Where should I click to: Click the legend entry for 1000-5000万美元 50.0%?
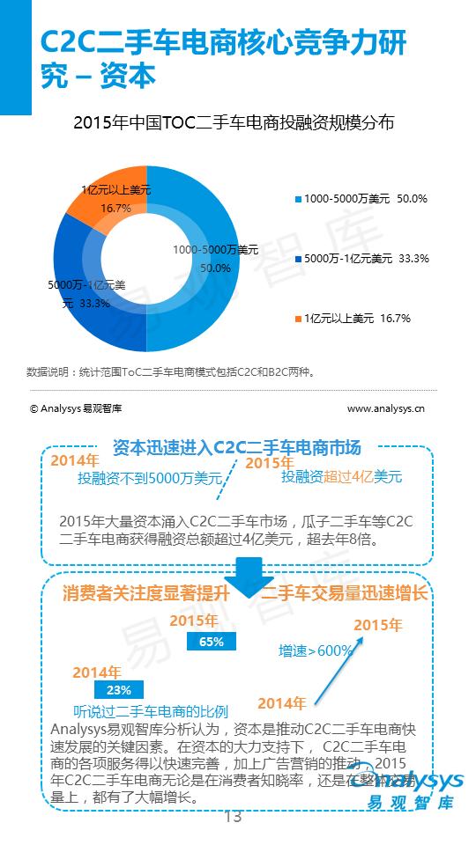(x=361, y=199)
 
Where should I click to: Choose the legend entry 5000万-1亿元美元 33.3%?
(x=361, y=259)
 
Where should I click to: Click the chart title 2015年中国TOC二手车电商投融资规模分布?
(x=233, y=123)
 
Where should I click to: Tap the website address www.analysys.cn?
(x=386, y=408)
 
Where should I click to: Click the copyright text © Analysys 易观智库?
(x=76, y=408)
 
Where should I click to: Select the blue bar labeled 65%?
(x=211, y=642)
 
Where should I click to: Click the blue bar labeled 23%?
(x=117, y=689)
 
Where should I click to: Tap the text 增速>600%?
(x=316, y=650)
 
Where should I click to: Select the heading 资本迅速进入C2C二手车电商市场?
(x=236, y=448)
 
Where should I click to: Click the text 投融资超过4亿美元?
(x=341, y=477)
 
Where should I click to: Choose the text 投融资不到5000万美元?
(x=149, y=479)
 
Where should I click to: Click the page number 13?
(x=233, y=817)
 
